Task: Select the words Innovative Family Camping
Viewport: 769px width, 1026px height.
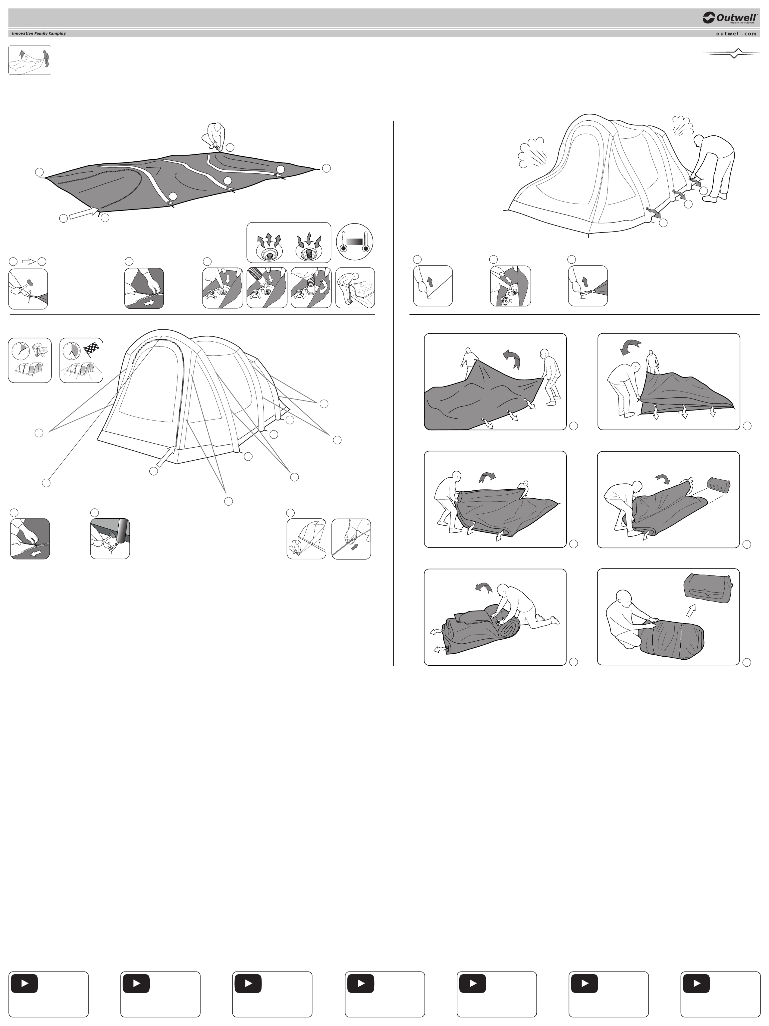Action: pos(39,33)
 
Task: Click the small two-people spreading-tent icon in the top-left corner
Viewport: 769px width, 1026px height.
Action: pos(30,60)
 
